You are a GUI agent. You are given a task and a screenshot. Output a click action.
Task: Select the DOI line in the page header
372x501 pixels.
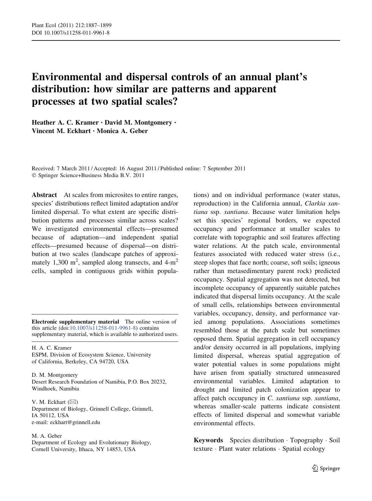pos(70,33)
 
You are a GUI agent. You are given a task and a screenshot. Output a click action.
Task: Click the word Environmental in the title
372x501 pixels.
pos(67,77)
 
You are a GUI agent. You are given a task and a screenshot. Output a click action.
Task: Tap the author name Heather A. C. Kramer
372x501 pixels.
pos(65,123)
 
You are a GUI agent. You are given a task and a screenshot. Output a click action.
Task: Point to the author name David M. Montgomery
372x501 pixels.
pos(138,123)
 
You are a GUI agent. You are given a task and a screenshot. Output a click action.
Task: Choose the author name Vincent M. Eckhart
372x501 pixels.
pos(61,131)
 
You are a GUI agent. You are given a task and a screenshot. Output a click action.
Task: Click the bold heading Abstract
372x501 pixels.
pos(44,195)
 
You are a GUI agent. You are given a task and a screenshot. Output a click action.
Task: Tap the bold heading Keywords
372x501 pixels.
pos(208,440)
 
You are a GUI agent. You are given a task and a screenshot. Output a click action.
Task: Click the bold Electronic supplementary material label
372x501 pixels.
pos(75,322)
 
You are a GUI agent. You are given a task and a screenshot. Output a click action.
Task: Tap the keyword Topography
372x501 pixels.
pos(306,440)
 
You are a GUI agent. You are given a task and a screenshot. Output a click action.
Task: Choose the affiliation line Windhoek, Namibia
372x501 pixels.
pos(55,388)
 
